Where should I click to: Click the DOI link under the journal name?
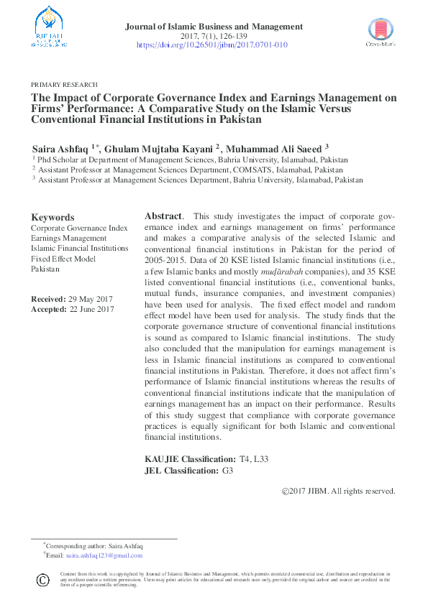(x=212, y=45)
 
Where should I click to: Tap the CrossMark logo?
(x=381, y=32)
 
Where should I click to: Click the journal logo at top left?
(x=50, y=28)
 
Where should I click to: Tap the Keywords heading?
(x=53, y=217)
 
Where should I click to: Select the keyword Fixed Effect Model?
(x=63, y=258)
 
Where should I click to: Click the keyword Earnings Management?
(x=68, y=238)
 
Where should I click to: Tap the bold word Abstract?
(x=163, y=216)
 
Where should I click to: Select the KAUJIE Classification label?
(x=190, y=458)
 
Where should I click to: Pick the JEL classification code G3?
(x=228, y=471)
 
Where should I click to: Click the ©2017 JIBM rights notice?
(x=338, y=491)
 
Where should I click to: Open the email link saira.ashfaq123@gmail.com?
(x=104, y=555)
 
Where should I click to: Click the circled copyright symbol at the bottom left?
(x=42, y=579)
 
